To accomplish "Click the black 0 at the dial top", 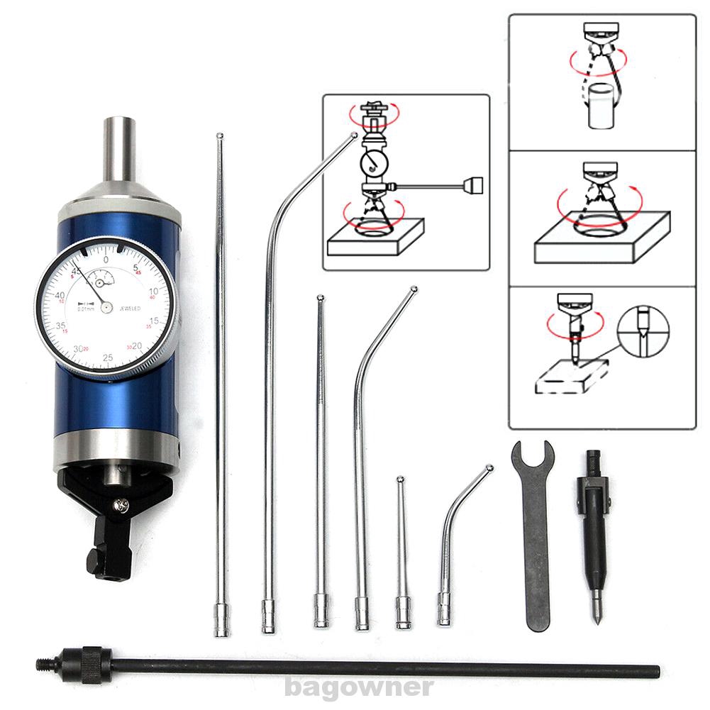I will pyautogui.click(x=106, y=260).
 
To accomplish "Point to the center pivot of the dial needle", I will pyautogui.click(x=106, y=307).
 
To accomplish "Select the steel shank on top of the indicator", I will pyautogui.click(x=119, y=149).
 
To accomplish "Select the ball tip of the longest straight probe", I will pyautogui.click(x=220, y=135).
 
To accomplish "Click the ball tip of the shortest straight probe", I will pyautogui.click(x=400, y=479).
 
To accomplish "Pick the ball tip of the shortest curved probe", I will pyautogui.click(x=489, y=467).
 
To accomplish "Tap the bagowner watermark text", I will pyautogui.click(x=358, y=687).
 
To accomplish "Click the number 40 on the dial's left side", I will pyautogui.click(x=60, y=296).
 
